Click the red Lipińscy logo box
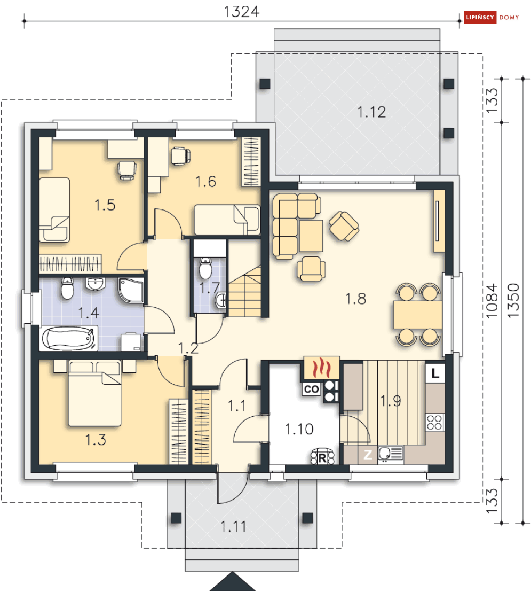coord(480,18)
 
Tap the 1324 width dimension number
coord(241,12)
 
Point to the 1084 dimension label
coord(492,301)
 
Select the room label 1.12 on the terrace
coord(371,112)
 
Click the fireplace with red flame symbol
coord(321,368)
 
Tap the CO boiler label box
coord(311,389)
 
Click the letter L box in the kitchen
coord(435,373)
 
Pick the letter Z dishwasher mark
coord(368,455)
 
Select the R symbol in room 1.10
coord(322,457)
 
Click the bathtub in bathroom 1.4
coord(68,338)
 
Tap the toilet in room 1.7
coord(205,268)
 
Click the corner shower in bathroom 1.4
coord(131,290)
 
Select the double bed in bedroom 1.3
coord(94,393)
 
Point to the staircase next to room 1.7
coord(245,291)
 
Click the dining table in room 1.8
coord(417,315)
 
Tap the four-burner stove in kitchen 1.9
coord(434,422)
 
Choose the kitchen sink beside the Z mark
coord(390,454)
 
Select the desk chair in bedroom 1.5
coord(126,170)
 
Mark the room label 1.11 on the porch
coord(233,526)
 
